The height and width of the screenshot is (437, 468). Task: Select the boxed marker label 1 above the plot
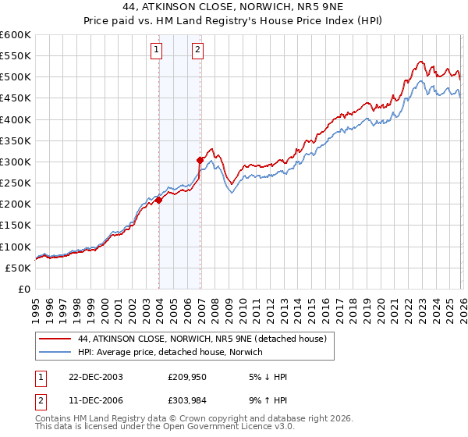click(x=156, y=51)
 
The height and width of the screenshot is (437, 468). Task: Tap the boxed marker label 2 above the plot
click(x=197, y=51)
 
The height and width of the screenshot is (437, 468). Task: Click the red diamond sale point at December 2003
click(x=159, y=200)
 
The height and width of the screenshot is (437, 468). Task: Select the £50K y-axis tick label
click(x=19, y=268)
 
